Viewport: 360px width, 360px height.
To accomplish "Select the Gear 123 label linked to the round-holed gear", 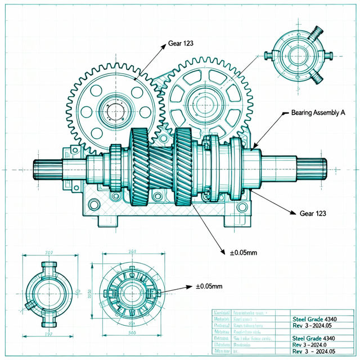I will click(x=182, y=43).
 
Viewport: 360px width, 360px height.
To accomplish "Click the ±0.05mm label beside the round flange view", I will click(x=209, y=287).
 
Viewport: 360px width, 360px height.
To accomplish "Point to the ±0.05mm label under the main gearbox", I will click(x=243, y=253).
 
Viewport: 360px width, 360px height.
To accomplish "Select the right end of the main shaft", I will click(x=315, y=167).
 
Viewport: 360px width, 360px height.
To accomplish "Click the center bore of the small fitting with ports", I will click(x=48, y=292).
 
